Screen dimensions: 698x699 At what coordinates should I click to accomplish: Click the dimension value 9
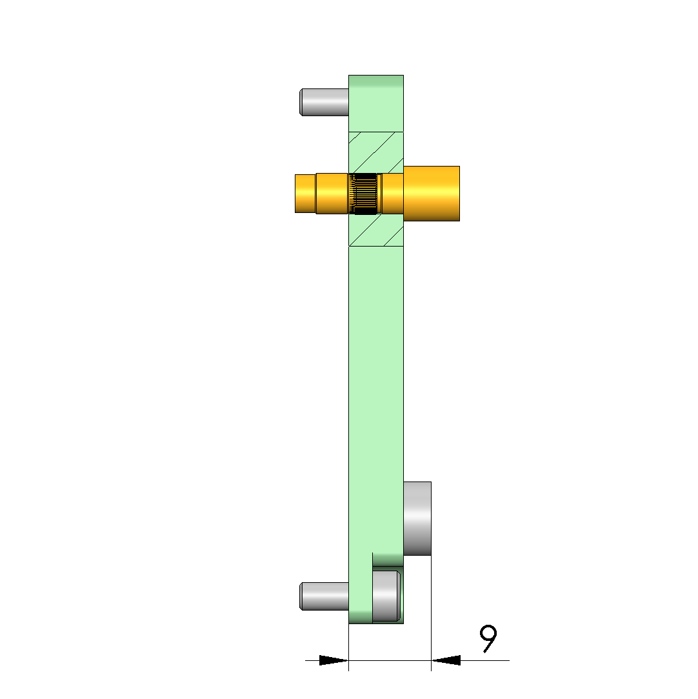point(488,638)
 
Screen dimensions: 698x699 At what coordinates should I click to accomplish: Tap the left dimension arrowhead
point(334,660)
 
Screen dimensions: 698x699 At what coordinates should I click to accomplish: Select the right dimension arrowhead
point(446,660)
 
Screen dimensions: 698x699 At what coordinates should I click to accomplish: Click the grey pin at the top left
point(324,102)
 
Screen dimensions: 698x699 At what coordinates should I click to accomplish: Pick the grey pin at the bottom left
point(324,596)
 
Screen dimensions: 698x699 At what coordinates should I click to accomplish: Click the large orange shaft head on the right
point(432,194)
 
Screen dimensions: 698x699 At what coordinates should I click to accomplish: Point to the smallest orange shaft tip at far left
point(306,194)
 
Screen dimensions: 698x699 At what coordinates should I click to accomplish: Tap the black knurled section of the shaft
point(365,194)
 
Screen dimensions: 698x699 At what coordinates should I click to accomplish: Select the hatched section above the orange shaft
point(376,152)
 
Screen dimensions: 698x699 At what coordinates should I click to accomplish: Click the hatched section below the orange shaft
point(376,230)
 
